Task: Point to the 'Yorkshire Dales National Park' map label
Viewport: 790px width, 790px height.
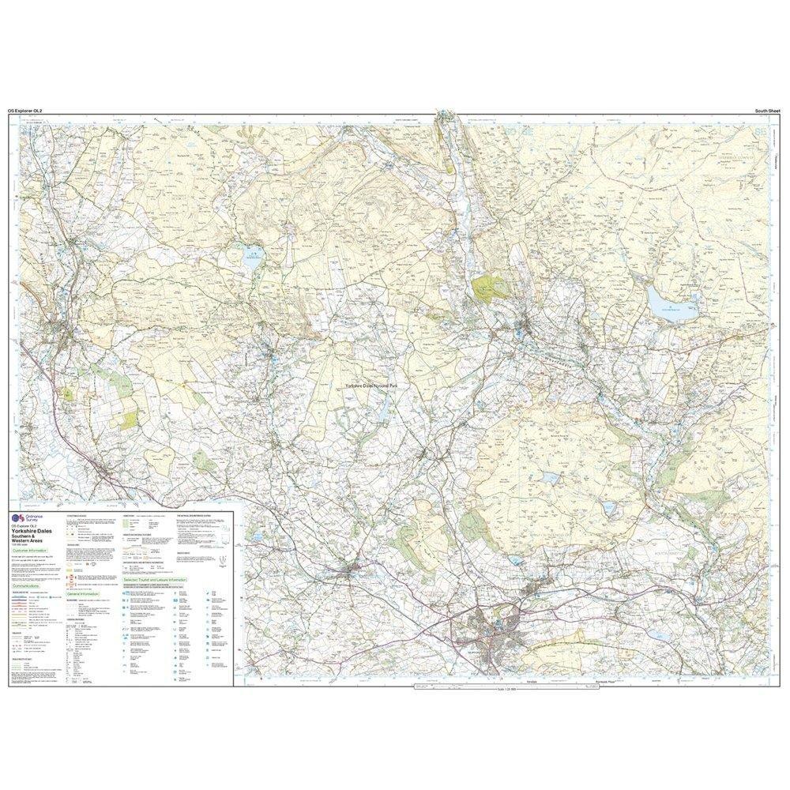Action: pos(380,385)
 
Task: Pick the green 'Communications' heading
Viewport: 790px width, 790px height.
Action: pos(32,588)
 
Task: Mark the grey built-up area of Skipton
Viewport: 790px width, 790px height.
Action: pos(498,632)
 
